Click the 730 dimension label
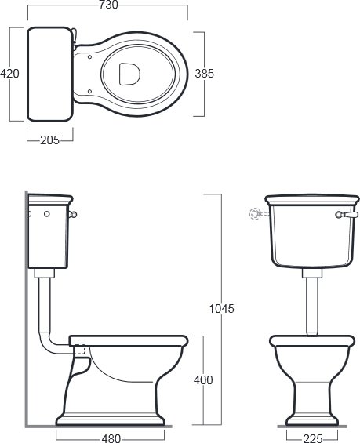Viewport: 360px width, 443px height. [x=108, y=5]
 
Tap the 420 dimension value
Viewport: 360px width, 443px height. [x=9, y=74]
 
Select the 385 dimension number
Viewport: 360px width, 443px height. [x=205, y=74]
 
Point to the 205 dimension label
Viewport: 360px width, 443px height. [x=50, y=140]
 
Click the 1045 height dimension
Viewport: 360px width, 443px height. [x=221, y=308]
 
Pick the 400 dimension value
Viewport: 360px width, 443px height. [x=203, y=380]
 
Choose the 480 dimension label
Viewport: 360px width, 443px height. [x=111, y=438]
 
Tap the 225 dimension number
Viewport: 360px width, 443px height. [x=312, y=438]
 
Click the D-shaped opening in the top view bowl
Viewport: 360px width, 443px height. [x=129, y=74]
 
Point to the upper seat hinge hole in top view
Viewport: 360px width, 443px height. [x=89, y=57]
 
